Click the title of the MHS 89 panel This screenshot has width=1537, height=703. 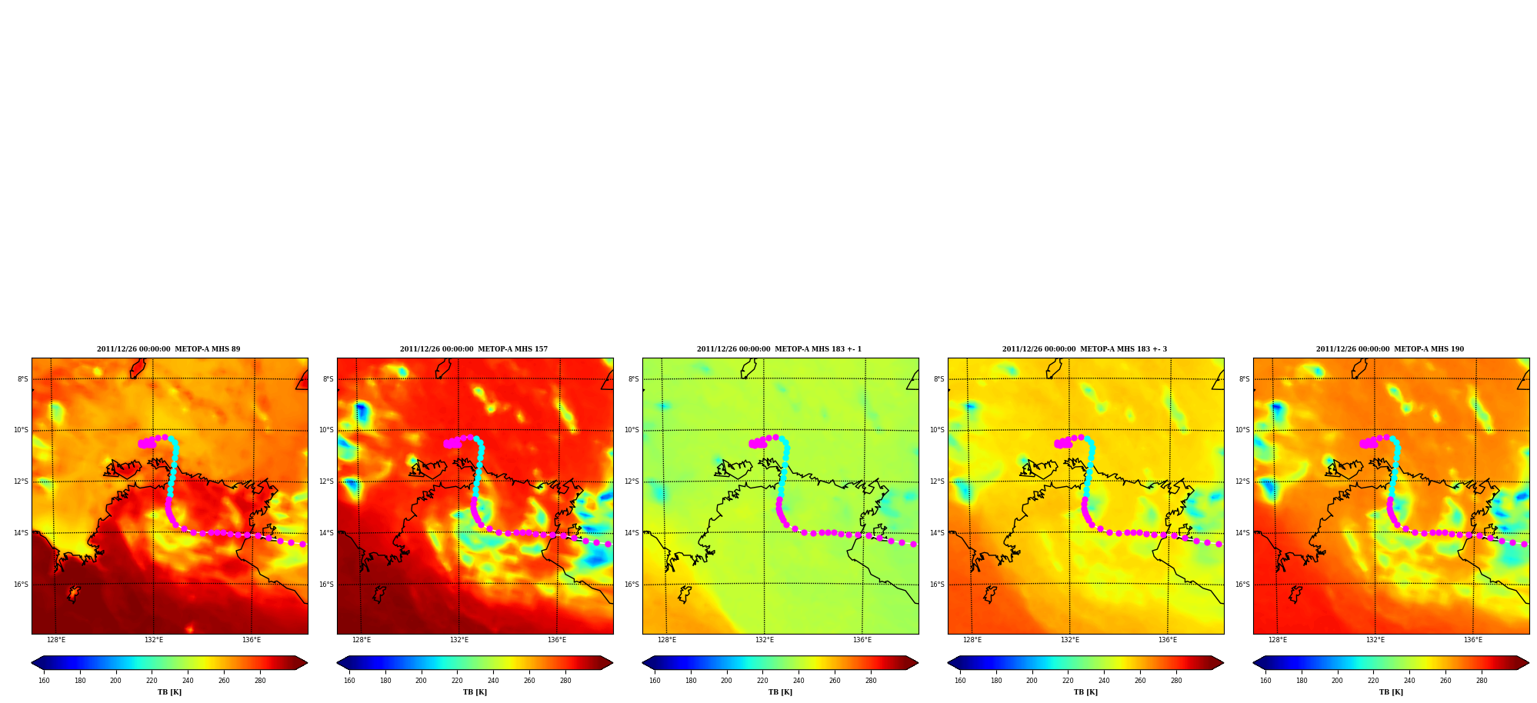point(168,349)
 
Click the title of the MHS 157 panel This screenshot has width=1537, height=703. point(474,349)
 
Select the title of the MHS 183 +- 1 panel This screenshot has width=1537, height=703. point(779,349)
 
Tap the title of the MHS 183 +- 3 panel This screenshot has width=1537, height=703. point(1085,349)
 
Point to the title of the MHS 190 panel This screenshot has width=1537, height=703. point(1390,349)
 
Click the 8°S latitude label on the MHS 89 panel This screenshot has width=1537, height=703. point(23,379)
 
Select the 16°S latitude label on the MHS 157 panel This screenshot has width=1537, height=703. point(326,585)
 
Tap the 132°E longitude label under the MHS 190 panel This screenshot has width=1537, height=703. point(1375,640)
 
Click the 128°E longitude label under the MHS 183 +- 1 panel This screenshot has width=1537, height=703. point(667,640)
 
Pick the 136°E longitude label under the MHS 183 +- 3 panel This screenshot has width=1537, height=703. point(1168,640)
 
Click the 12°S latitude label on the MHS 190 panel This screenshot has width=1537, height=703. point(1242,481)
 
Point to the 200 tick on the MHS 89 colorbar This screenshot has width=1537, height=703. point(115,681)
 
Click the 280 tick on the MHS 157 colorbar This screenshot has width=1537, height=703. point(565,681)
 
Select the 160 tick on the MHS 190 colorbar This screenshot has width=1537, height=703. point(1265,681)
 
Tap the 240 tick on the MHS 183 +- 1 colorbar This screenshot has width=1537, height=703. point(799,681)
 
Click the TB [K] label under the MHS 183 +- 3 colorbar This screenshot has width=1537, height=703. point(1085,692)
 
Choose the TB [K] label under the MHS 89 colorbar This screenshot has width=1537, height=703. point(169,692)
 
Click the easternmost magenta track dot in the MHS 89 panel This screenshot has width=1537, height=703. point(302,544)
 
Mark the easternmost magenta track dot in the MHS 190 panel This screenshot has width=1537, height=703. point(1524,544)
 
